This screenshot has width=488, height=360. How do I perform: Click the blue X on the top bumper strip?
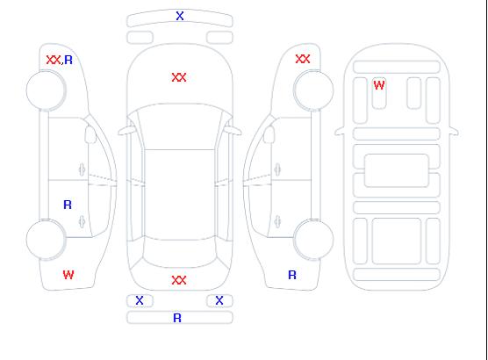click(x=180, y=16)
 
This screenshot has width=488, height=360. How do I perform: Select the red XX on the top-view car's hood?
click(x=179, y=77)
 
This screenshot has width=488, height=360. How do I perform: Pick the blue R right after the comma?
click(x=68, y=60)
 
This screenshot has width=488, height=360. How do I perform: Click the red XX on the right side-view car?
click(x=303, y=59)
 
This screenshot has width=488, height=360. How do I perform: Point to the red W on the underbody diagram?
click(x=379, y=85)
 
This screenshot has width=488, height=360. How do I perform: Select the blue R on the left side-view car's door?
click(x=68, y=205)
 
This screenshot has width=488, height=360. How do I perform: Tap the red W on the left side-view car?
click(x=68, y=275)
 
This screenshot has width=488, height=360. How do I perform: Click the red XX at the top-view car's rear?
click(x=179, y=280)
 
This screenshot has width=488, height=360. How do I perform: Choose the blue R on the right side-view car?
click(x=292, y=275)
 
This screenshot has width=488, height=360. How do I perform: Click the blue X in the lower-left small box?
click(x=140, y=300)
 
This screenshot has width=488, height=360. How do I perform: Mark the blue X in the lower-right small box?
click(x=219, y=300)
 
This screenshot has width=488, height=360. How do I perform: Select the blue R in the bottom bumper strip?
click(x=177, y=318)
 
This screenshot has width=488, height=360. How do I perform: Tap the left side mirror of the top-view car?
click(x=126, y=131)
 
